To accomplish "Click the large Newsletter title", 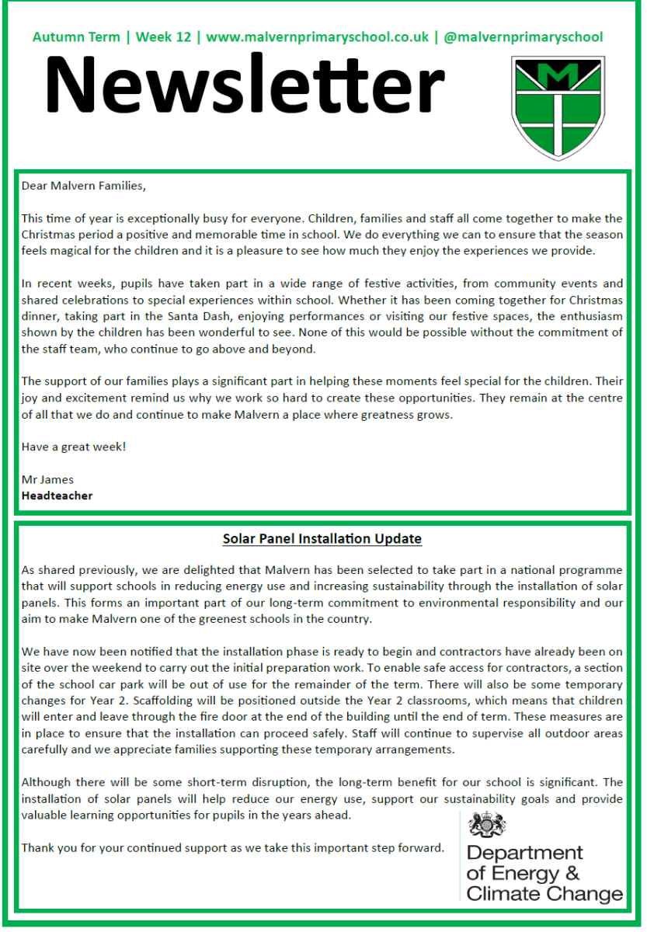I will click(x=245, y=85).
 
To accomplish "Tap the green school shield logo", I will click(x=558, y=109).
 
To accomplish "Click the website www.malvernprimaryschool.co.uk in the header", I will click(x=317, y=37).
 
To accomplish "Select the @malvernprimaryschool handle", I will click(x=523, y=37).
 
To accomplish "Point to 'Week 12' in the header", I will click(x=165, y=37).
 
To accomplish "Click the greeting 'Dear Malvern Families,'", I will click(x=83, y=186).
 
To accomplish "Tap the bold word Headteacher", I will click(x=57, y=496).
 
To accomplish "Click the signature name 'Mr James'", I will click(x=47, y=479).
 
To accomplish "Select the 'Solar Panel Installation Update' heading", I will click(x=322, y=538).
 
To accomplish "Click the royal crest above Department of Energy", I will click(x=487, y=825).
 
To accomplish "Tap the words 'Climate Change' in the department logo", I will click(x=544, y=893).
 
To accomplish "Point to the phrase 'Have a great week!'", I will click(x=74, y=447).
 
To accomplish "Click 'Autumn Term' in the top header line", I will click(x=76, y=37).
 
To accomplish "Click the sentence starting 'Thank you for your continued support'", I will click(x=232, y=847).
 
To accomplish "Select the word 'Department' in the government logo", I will click(x=524, y=854).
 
